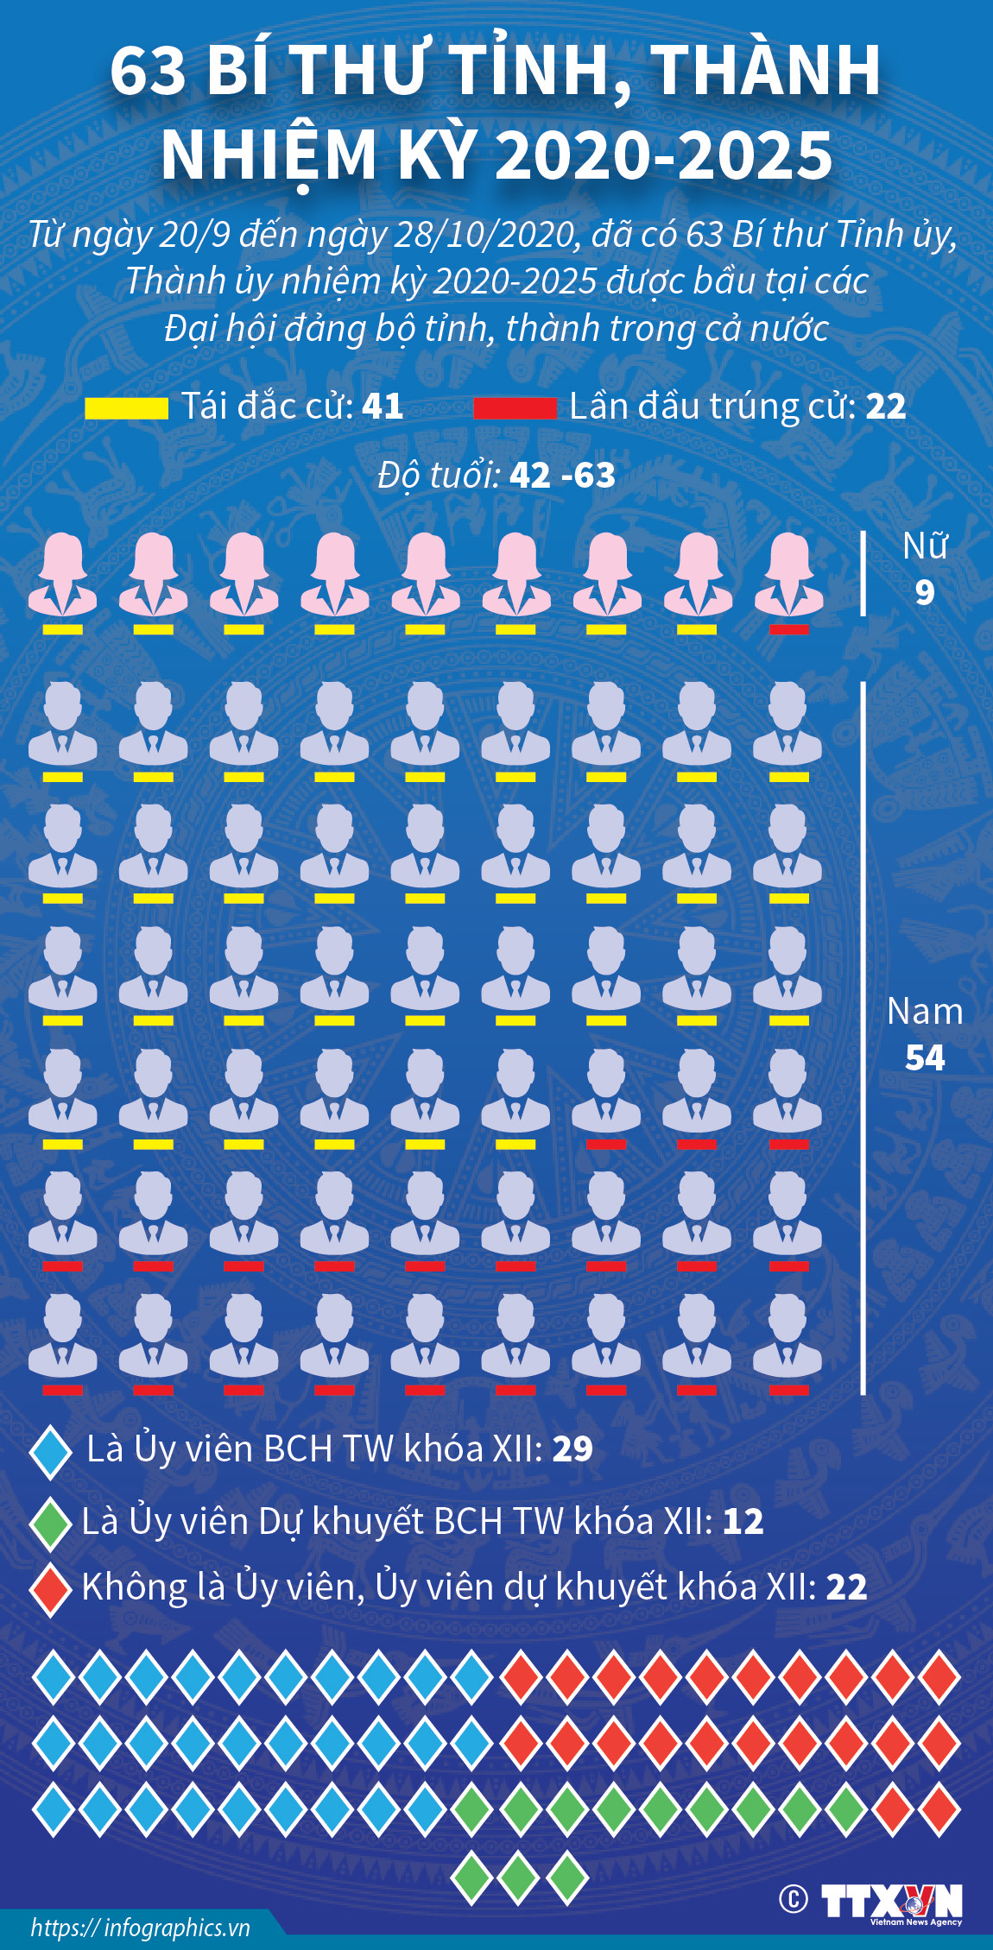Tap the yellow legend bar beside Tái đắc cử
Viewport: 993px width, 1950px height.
[x=126, y=408]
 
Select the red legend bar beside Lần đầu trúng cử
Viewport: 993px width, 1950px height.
[x=515, y=408]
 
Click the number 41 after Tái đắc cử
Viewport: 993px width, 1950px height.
[x=383, y=407]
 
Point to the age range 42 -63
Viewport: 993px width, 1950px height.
[x=562, y=476]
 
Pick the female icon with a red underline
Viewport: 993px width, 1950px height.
[x=788, y=577]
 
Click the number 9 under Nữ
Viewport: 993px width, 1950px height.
[x=925, y=592]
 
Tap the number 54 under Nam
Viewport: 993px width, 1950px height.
[x=925, y=1057]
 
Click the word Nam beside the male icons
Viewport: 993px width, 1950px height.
[x=925, y=1012]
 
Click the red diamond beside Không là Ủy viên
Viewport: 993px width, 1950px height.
[x=50, y=1589]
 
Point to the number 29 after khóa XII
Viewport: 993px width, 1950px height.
[x=572, y=1449]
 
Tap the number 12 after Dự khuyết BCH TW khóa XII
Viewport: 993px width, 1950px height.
[x=743, y=1522]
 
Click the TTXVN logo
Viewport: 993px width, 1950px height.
[x=891, y=1903]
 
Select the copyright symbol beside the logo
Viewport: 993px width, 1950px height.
[x=794, y=1899]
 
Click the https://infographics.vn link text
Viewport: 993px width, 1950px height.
[x=140, y=1928]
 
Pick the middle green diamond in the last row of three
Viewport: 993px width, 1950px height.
[x=517, y=1877]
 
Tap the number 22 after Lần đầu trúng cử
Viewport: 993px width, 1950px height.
[x=886, y=407]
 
